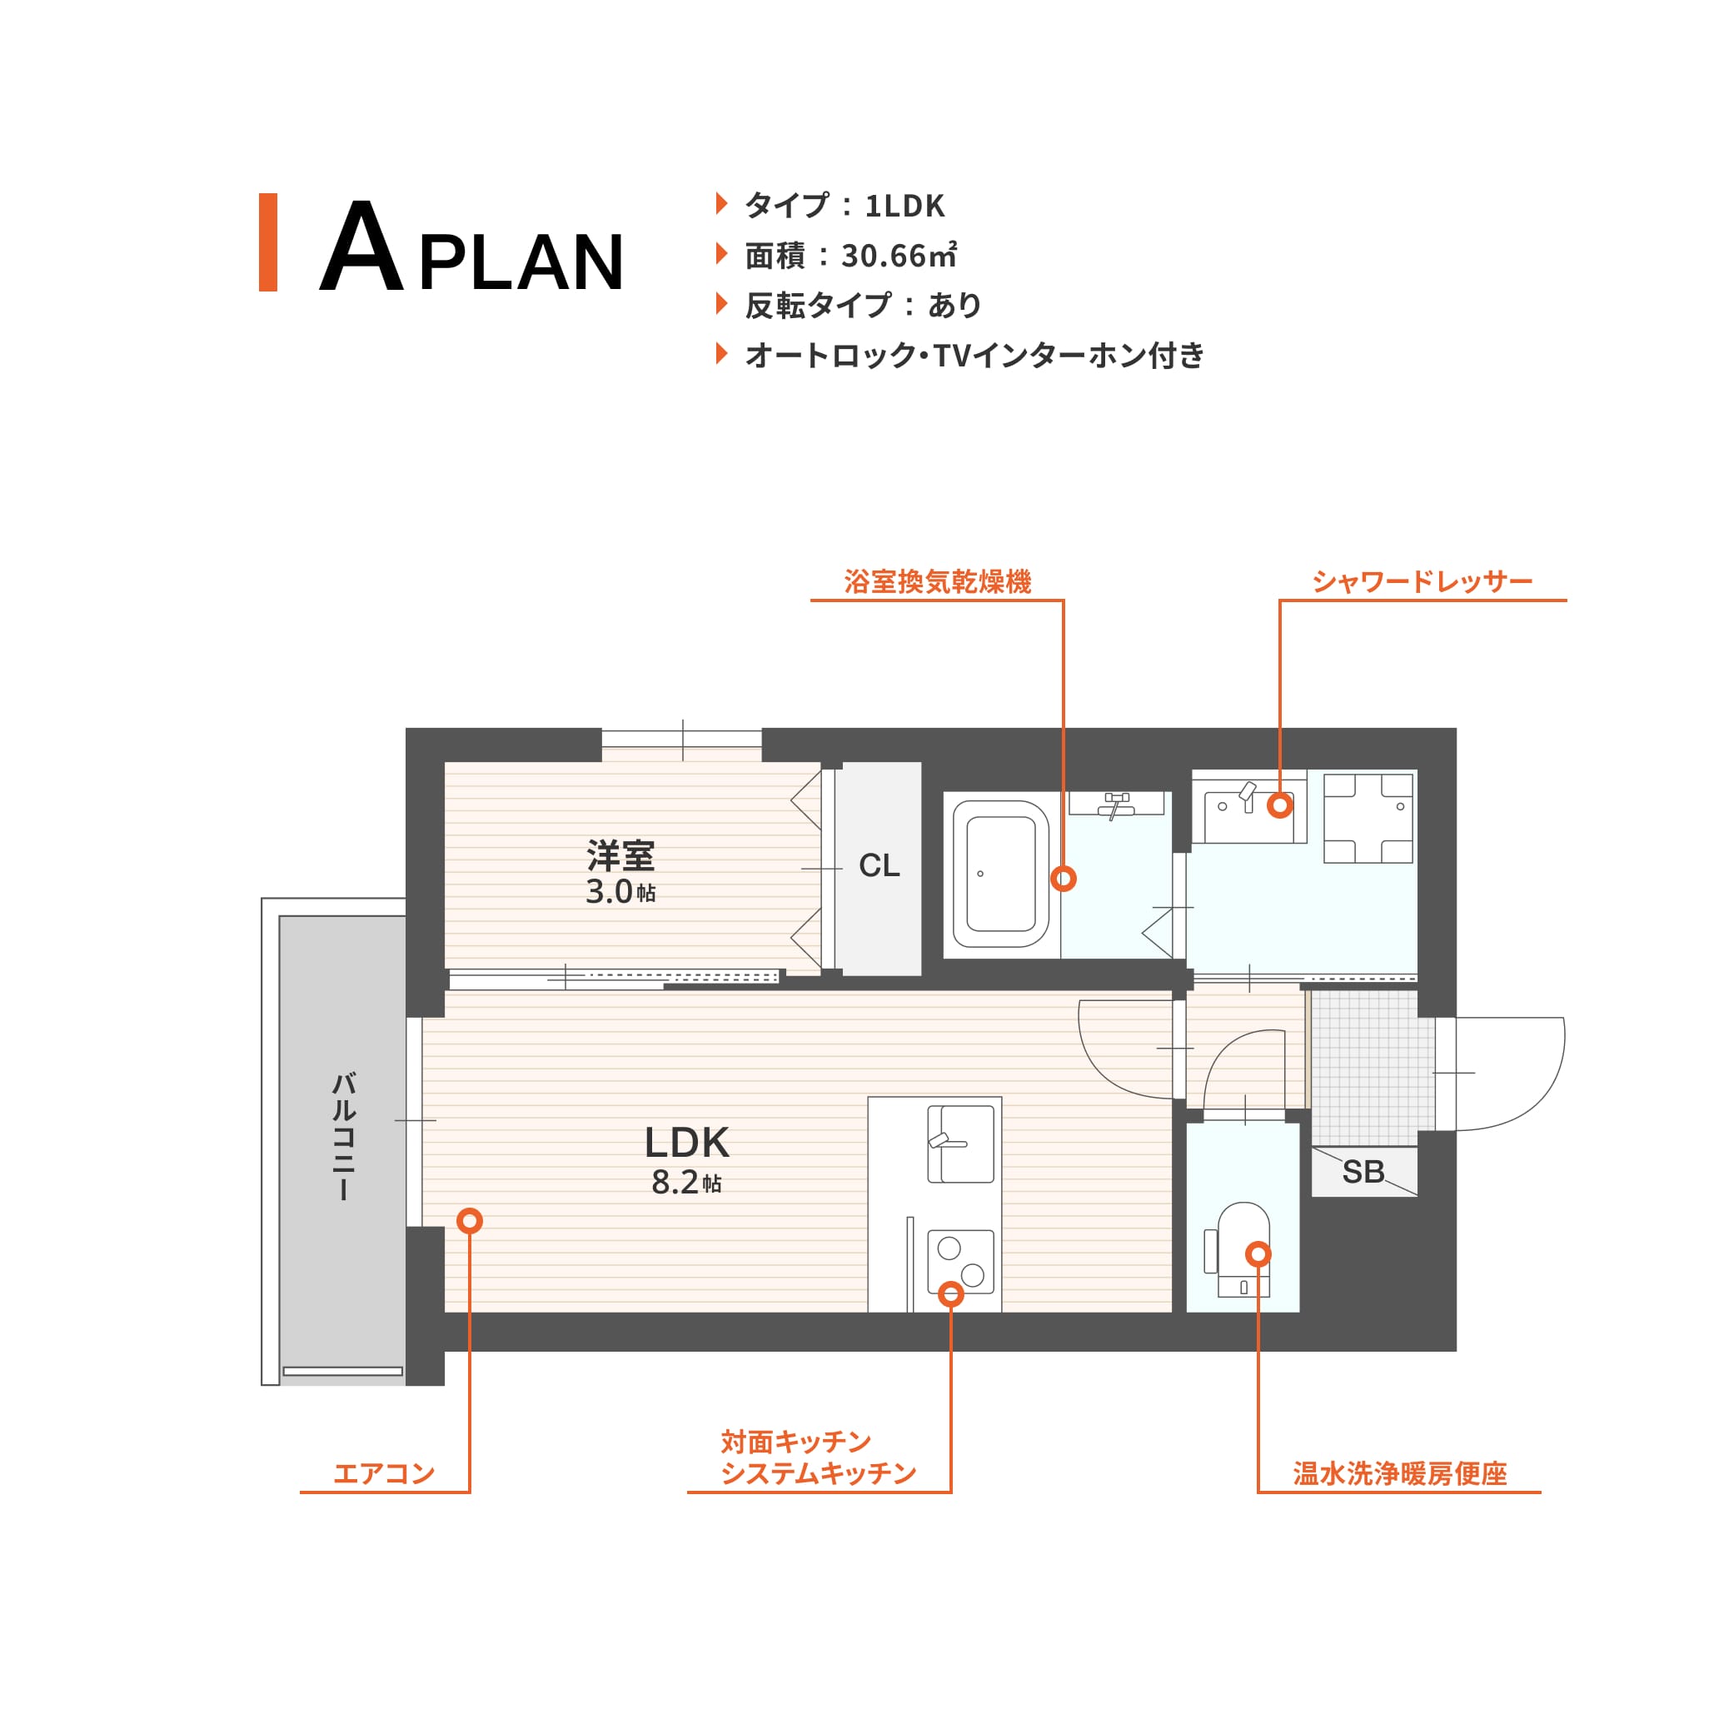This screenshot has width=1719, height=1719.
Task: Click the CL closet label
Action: click(879, 865)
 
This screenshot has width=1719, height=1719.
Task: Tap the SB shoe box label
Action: click(1363, 1173)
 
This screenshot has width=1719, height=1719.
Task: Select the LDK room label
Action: click(687, 1143)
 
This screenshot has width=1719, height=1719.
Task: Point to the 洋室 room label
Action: click(621, 856)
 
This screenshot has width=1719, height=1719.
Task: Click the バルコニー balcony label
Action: click(343, 1136)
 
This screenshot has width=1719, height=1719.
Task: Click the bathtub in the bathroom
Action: click(1001, 874)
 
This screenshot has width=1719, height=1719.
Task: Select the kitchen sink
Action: click(961, 1144)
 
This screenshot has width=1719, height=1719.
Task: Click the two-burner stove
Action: click(961, 1262)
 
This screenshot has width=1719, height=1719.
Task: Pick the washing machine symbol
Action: click(1368, 819)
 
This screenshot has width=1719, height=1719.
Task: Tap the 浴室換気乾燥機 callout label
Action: click(938, 582)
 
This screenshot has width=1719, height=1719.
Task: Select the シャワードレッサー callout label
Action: click(1422, 582)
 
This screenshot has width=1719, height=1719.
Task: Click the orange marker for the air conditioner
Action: click(470, 1221)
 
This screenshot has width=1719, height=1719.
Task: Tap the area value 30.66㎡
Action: click(899, 257)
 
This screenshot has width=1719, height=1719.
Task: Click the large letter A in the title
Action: click(361, 246)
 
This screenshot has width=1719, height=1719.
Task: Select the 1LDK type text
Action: click(904, 206)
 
